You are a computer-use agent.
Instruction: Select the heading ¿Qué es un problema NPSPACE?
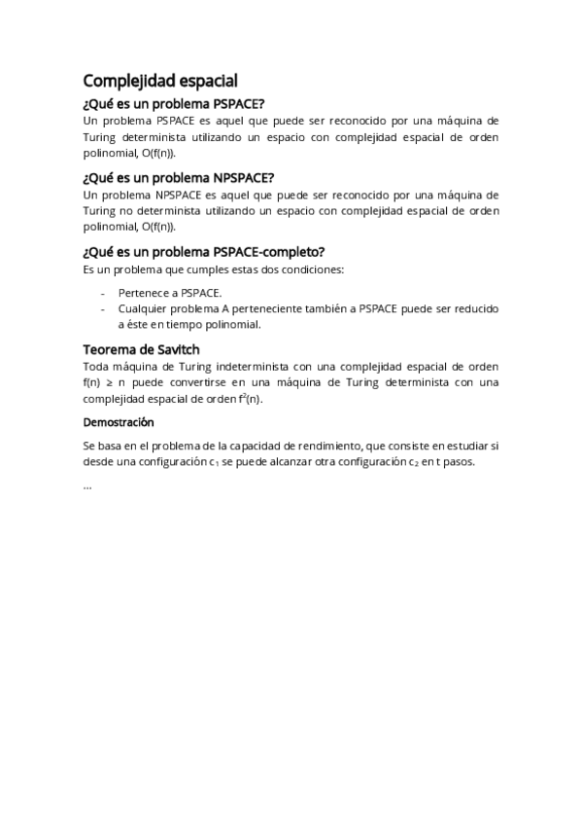click(179, 177)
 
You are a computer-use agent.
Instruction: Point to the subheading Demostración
click(119, 423)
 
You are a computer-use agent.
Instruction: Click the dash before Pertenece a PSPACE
click(104, 292)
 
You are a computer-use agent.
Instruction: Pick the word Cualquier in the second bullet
click(144, 308)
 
